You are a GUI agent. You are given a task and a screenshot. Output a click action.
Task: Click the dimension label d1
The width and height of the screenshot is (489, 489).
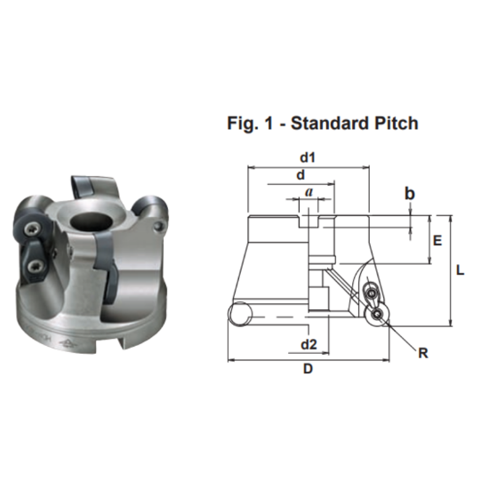point(309,157)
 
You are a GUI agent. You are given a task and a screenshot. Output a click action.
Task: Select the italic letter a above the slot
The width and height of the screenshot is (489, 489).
point(309,191)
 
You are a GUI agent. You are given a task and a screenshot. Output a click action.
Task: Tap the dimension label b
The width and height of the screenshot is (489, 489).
point(410,193)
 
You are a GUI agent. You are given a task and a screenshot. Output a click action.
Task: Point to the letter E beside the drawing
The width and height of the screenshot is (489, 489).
point(437,240)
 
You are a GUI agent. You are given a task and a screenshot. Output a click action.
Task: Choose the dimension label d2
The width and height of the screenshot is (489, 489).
point(309,343)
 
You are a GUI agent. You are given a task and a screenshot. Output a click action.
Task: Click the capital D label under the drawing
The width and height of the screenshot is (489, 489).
point(308,370)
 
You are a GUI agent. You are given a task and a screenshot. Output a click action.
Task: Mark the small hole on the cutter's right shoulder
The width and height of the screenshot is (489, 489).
point(158,228)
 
